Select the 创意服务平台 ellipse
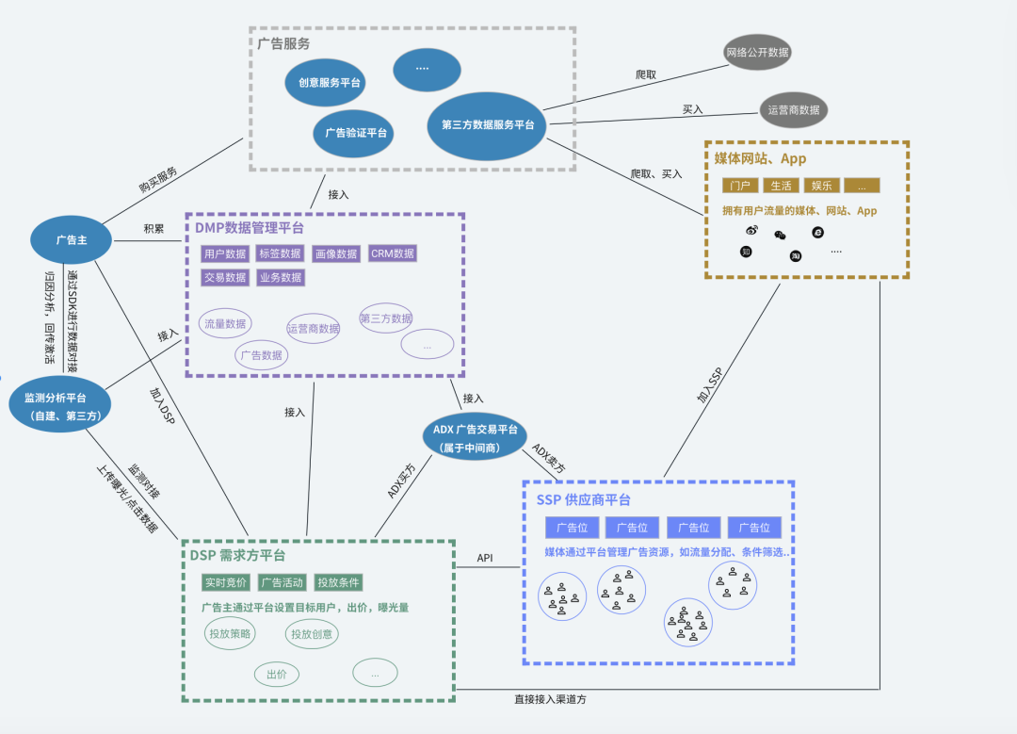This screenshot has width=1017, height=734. [x=325, y=83]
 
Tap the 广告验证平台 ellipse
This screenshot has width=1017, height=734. [x=354, y=132]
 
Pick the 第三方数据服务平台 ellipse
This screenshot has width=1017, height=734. [x=487, y=124]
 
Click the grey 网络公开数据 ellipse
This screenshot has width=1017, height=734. [x=757, y=52]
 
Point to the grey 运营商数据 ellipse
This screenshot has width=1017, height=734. [x=794, y=109]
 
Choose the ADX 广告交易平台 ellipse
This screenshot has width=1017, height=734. [x=475, y=436]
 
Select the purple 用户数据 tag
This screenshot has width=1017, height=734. [x=224, y=253]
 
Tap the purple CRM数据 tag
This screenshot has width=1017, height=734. [x=392, y=253]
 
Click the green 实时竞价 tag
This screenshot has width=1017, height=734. [x=226, y=582]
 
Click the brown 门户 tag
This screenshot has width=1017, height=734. [x=740, y=186]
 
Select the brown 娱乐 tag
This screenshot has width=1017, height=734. [x=822, y=186]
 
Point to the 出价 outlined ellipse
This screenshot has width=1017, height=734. [x=276, y=674]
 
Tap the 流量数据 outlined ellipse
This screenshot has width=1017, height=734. [x=225, y=323]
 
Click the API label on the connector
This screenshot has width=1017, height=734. [x=485, y=558]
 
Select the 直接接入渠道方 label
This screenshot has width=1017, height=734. [x=556, y=700]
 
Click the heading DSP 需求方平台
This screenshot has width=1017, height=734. [x=237, y=556]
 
